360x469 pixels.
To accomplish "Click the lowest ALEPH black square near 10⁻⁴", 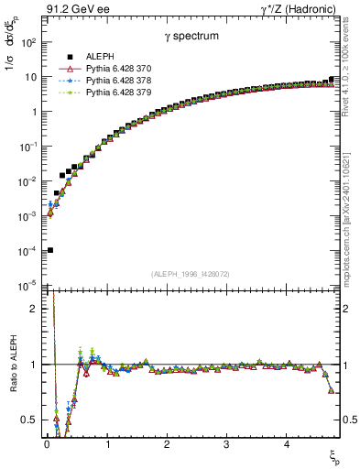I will click(50, 249).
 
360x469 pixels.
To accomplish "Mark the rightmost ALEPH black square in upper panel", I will click(331, 80).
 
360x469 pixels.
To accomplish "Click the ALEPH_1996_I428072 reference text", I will click(191, 274).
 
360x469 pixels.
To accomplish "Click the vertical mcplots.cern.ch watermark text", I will click(350, 211).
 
